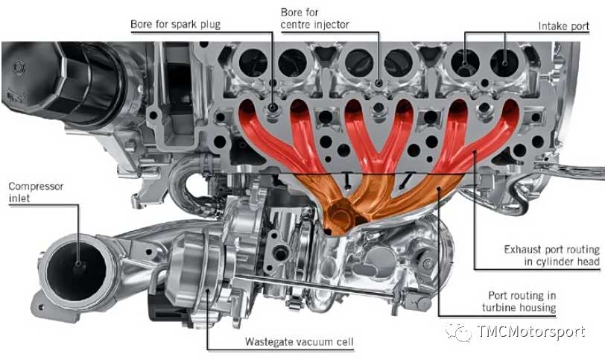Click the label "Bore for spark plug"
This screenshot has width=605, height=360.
point(176,25)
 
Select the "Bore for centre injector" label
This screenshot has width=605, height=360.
point(315,19)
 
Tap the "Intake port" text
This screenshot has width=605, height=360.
point(564,26)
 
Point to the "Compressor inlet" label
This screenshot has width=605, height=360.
point(36,192)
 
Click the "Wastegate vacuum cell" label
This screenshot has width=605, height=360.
point(299,342)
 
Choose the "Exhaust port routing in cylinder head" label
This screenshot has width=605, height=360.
point(552,256)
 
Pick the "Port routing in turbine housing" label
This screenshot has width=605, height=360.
point(519,301)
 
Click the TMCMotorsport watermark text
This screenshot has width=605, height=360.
point(531,332)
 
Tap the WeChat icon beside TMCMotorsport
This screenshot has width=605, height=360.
point(459,332)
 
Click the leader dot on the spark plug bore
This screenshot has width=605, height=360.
point(273,107)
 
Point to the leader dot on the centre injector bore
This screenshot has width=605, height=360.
point(379,83)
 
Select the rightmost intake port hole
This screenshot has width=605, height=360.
point(504,63)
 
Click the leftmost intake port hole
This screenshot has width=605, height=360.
point(253,63)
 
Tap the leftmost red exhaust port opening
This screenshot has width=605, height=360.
point(247,110)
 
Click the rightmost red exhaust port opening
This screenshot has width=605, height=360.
point(510,111)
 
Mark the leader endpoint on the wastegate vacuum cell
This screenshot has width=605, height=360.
point(208,291)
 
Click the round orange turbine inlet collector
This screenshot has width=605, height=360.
point(342,214)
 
